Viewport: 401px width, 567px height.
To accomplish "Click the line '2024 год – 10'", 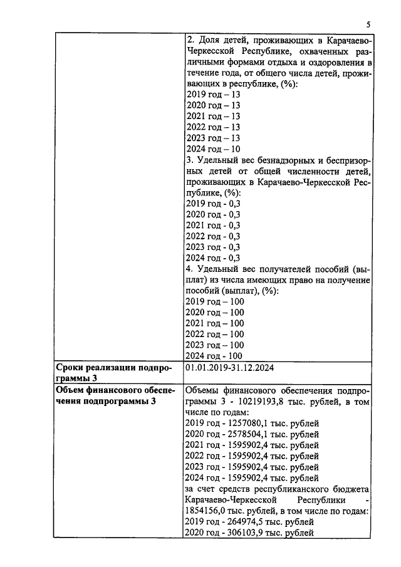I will click(213, 149).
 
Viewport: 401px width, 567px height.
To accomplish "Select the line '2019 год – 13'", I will click(213, 95).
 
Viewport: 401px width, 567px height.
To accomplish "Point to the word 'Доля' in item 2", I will click(212, 41).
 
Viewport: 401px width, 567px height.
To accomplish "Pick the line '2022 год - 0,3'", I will click(213, 236).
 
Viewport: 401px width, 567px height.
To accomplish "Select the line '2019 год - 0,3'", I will click(213, 203).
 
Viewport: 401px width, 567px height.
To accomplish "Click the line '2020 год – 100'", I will click(215, 312).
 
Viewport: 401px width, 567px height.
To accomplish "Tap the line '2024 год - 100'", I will click(215, 356).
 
